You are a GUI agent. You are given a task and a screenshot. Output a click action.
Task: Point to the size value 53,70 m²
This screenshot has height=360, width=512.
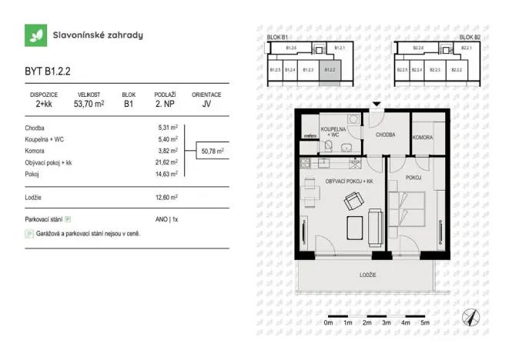89,104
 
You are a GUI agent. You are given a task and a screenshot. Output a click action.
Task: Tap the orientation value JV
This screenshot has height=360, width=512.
206,104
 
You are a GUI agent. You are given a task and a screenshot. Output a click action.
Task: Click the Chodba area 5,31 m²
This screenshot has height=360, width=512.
168,128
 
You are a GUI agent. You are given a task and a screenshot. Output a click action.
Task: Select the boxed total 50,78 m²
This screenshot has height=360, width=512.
212,152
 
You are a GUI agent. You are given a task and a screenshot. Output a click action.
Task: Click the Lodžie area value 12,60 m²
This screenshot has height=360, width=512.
167,198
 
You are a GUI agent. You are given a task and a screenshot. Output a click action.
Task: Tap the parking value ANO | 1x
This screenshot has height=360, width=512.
166,219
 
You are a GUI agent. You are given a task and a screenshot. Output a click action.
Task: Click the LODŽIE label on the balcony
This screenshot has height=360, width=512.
368,275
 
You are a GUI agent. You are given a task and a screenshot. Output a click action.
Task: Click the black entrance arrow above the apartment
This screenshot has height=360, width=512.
376,105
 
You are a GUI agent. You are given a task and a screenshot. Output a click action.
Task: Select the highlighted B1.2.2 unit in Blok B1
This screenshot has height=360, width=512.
330,71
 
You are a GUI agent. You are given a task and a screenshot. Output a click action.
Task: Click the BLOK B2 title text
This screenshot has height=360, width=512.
470,37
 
